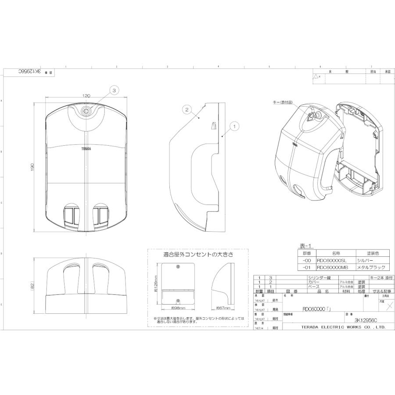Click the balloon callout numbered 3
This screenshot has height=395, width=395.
[x=114, y=90]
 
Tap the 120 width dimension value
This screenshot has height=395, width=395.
[x=86, y=96]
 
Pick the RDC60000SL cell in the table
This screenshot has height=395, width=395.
[x=331, y=260]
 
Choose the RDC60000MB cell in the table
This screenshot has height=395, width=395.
[x=332, y=267]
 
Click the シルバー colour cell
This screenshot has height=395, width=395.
[x=365, y=260]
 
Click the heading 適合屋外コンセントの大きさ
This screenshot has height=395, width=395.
[x=198, y=254]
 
